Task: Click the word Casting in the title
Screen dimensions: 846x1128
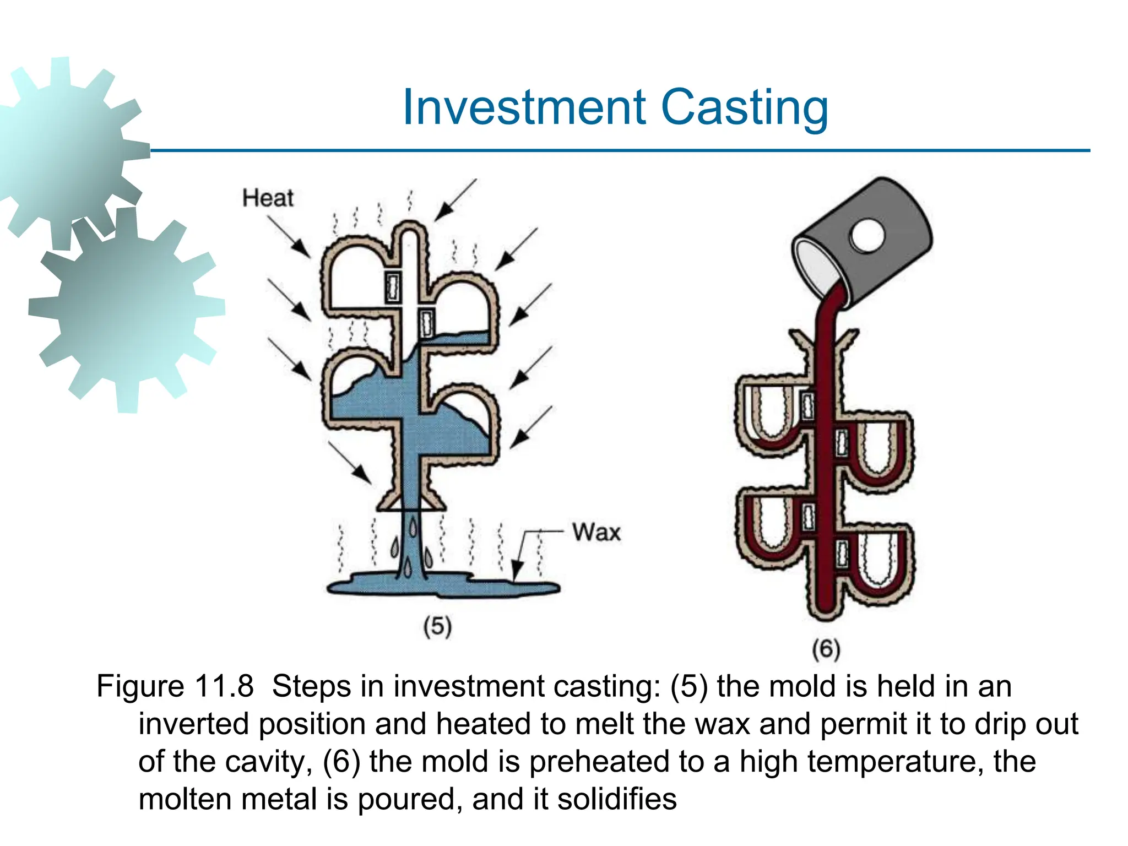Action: coord(744,109)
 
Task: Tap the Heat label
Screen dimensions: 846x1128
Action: coord(268,198)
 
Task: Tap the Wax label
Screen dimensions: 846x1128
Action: coord(596,533)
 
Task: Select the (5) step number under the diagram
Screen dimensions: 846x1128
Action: coord(437,627)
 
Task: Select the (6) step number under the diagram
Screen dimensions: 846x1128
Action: coord(826,649)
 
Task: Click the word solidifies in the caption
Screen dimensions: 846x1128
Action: coord(616,799)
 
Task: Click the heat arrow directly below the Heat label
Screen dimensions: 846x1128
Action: coord(290,237)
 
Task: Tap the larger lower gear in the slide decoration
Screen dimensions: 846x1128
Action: coord(127,311)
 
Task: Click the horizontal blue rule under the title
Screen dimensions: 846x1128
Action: coord(617,150)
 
